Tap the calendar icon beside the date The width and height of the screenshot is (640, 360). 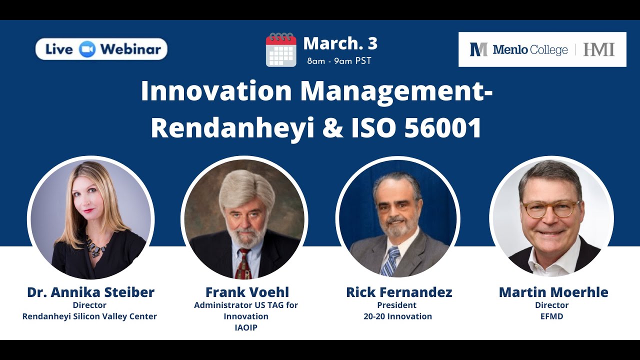[x=281, y=50]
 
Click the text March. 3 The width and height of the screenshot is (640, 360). [x=340, y=44]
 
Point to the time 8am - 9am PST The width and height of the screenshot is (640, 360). [x=339, y=61]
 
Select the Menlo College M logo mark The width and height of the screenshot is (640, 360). [x=478, y=49]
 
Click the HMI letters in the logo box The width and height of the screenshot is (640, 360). [x=598, y=49]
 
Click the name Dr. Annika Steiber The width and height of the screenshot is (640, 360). [x=90, y=292]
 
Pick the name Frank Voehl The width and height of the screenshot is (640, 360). [x=247, y=292]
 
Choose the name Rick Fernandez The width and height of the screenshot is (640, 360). [x=399, y=292]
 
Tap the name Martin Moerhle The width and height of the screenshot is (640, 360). [x=553, y=292]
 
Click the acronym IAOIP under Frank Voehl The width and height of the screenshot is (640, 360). [x=245, y=327]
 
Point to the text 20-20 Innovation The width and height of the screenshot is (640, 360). [x=397, y=316]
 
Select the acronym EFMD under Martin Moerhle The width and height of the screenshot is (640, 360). [x=552, y=316]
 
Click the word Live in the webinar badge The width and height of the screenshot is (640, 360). [x=59, y=49]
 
